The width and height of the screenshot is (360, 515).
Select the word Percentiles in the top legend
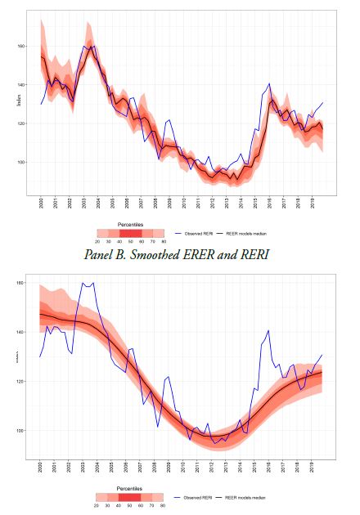tap(130, 222)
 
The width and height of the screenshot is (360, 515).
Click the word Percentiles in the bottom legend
tap(130, 490)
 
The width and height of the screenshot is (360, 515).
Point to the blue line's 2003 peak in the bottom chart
tap(83, 283)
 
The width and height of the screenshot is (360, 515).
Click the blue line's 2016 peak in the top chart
tap(269, 83)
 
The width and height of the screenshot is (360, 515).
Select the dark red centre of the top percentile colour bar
tap(130, 232)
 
